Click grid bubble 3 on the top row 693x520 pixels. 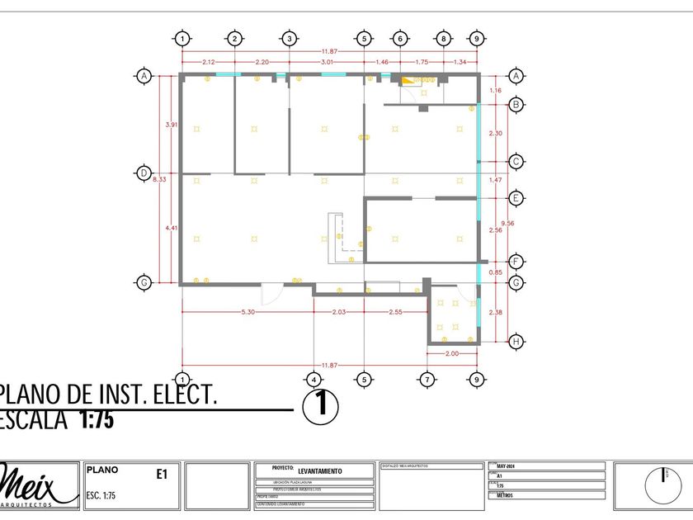pyautogui.click(x=289, y=38)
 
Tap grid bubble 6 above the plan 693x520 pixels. pyautogui.click(x=399, y=38)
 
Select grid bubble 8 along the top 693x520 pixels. pyautogui.click(x=443, y=38)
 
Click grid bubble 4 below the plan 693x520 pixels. pyautogui.click(x=313, y=380)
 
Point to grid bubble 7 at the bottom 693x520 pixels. pyautogui.click(x=427, y=380)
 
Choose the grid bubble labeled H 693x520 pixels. pyautogui.click(x=516, y=340)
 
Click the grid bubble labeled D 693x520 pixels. pyautogui.click(x=144, y=173)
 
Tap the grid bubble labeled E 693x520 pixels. pyautogui.click(x=516, y=198)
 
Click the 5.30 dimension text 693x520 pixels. pyautogui.click(x=247, y=312)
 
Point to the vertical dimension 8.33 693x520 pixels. pyautogui.click(x=162, y=178)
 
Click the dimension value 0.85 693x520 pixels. pyautogui.click(x=495, y=272)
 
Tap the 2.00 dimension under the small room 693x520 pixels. pyautogui.click(x=451, y=353)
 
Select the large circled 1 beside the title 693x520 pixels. pyautogui.click(x=322, y=406)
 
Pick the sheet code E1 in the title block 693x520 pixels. pyautogui.click(x=162, y=474)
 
